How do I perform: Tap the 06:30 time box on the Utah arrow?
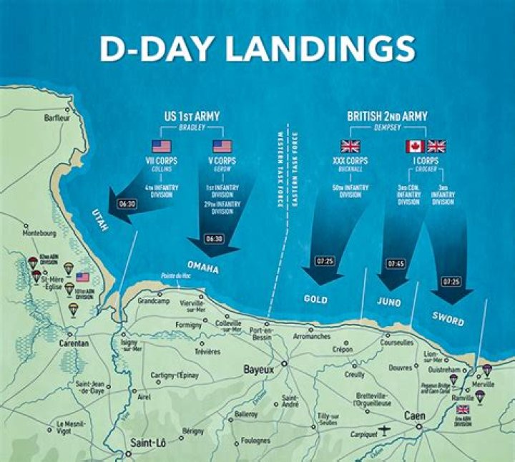[x=127, y=203]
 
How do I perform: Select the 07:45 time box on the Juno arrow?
[x=396, y=264]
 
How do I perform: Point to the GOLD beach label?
[x=315, y=299]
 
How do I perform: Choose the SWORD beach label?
[x=448, y=318]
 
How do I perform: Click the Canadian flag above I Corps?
[x=415, y=147]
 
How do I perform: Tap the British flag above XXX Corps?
[x=350, y=147]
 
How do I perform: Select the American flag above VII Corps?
[x=162, y=147]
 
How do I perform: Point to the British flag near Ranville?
[x=463, y=409]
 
